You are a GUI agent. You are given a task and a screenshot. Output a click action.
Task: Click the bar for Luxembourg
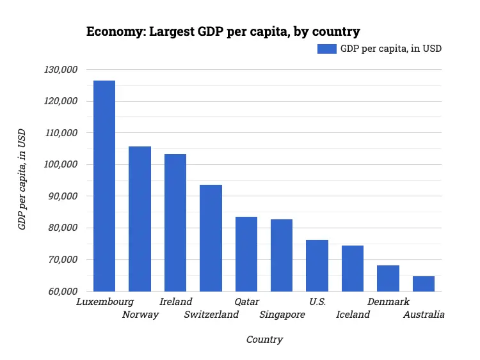click(x=104, y=185)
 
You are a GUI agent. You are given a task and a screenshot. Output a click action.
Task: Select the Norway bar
click(x=140, y=219)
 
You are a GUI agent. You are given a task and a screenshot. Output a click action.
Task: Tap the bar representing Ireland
click(x=175, y=223)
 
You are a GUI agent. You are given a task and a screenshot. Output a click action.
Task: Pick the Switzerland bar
click(x=211, y=238)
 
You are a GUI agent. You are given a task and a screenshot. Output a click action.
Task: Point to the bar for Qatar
click(x=246, y=254)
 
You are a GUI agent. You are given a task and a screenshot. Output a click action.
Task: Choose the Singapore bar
click(x=282, y=255)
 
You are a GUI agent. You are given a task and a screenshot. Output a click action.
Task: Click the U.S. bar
click(x=317, y=265)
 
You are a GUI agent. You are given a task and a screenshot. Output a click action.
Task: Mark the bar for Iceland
click(x=353, y=269)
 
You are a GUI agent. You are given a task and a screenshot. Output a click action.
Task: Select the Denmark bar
click(x=388, y=278)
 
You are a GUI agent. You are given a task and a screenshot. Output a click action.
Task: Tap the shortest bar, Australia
click(x=424, y=284)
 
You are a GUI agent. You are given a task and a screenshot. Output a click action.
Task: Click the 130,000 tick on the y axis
click(x=59, y=69)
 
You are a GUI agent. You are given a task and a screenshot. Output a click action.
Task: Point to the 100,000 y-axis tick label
click(x=59, y=164)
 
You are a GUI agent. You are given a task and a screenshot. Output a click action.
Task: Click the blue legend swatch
click(x=326, y=49)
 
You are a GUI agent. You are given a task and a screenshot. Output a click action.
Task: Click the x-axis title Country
click(x=264, y=340)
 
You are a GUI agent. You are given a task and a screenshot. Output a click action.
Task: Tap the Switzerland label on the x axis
click(x=211, y=315)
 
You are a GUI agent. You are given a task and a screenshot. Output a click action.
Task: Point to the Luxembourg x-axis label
click(x=104, y=301)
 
